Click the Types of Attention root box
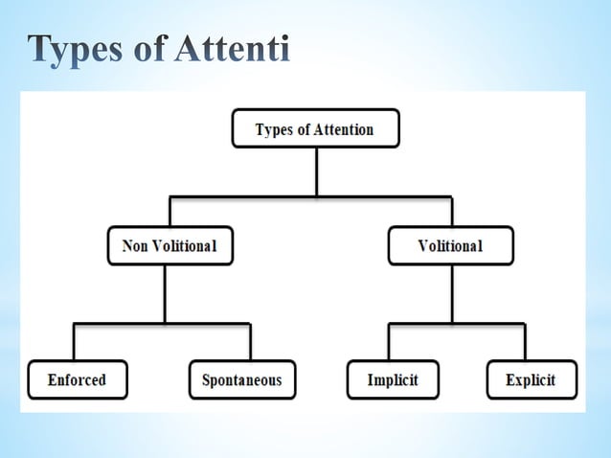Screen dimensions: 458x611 click(x=315, y=129)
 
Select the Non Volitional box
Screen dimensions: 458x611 click(x=170, y=246)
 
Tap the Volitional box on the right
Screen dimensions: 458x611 click(x=450, y=246)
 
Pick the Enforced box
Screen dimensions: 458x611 click(x=77, y=379)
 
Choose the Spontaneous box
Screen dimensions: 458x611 click(x=241, y=379)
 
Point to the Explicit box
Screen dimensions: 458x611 click(x=532, y=379)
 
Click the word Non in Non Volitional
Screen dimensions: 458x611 click(x=136, y=246)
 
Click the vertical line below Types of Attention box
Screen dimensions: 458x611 click(x=315, y=172)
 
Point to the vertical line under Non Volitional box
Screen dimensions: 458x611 click(x=165, y=293)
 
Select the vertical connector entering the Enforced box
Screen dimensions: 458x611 click(x=74, y=342)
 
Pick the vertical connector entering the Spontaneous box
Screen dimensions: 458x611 click(x=250, y=342)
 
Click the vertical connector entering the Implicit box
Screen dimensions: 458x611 click(x=389, y=342)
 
